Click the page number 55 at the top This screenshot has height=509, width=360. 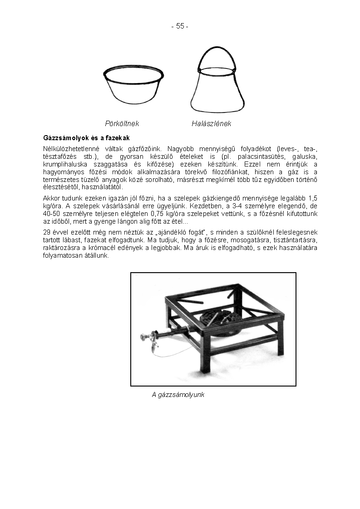(x=180, y=26)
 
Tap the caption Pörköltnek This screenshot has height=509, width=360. (x=122, y=123)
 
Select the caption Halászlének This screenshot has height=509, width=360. (x=211, y=123)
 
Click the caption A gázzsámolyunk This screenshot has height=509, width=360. (x=178, y=395)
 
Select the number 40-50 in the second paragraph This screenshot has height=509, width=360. (x=52, y=214)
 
